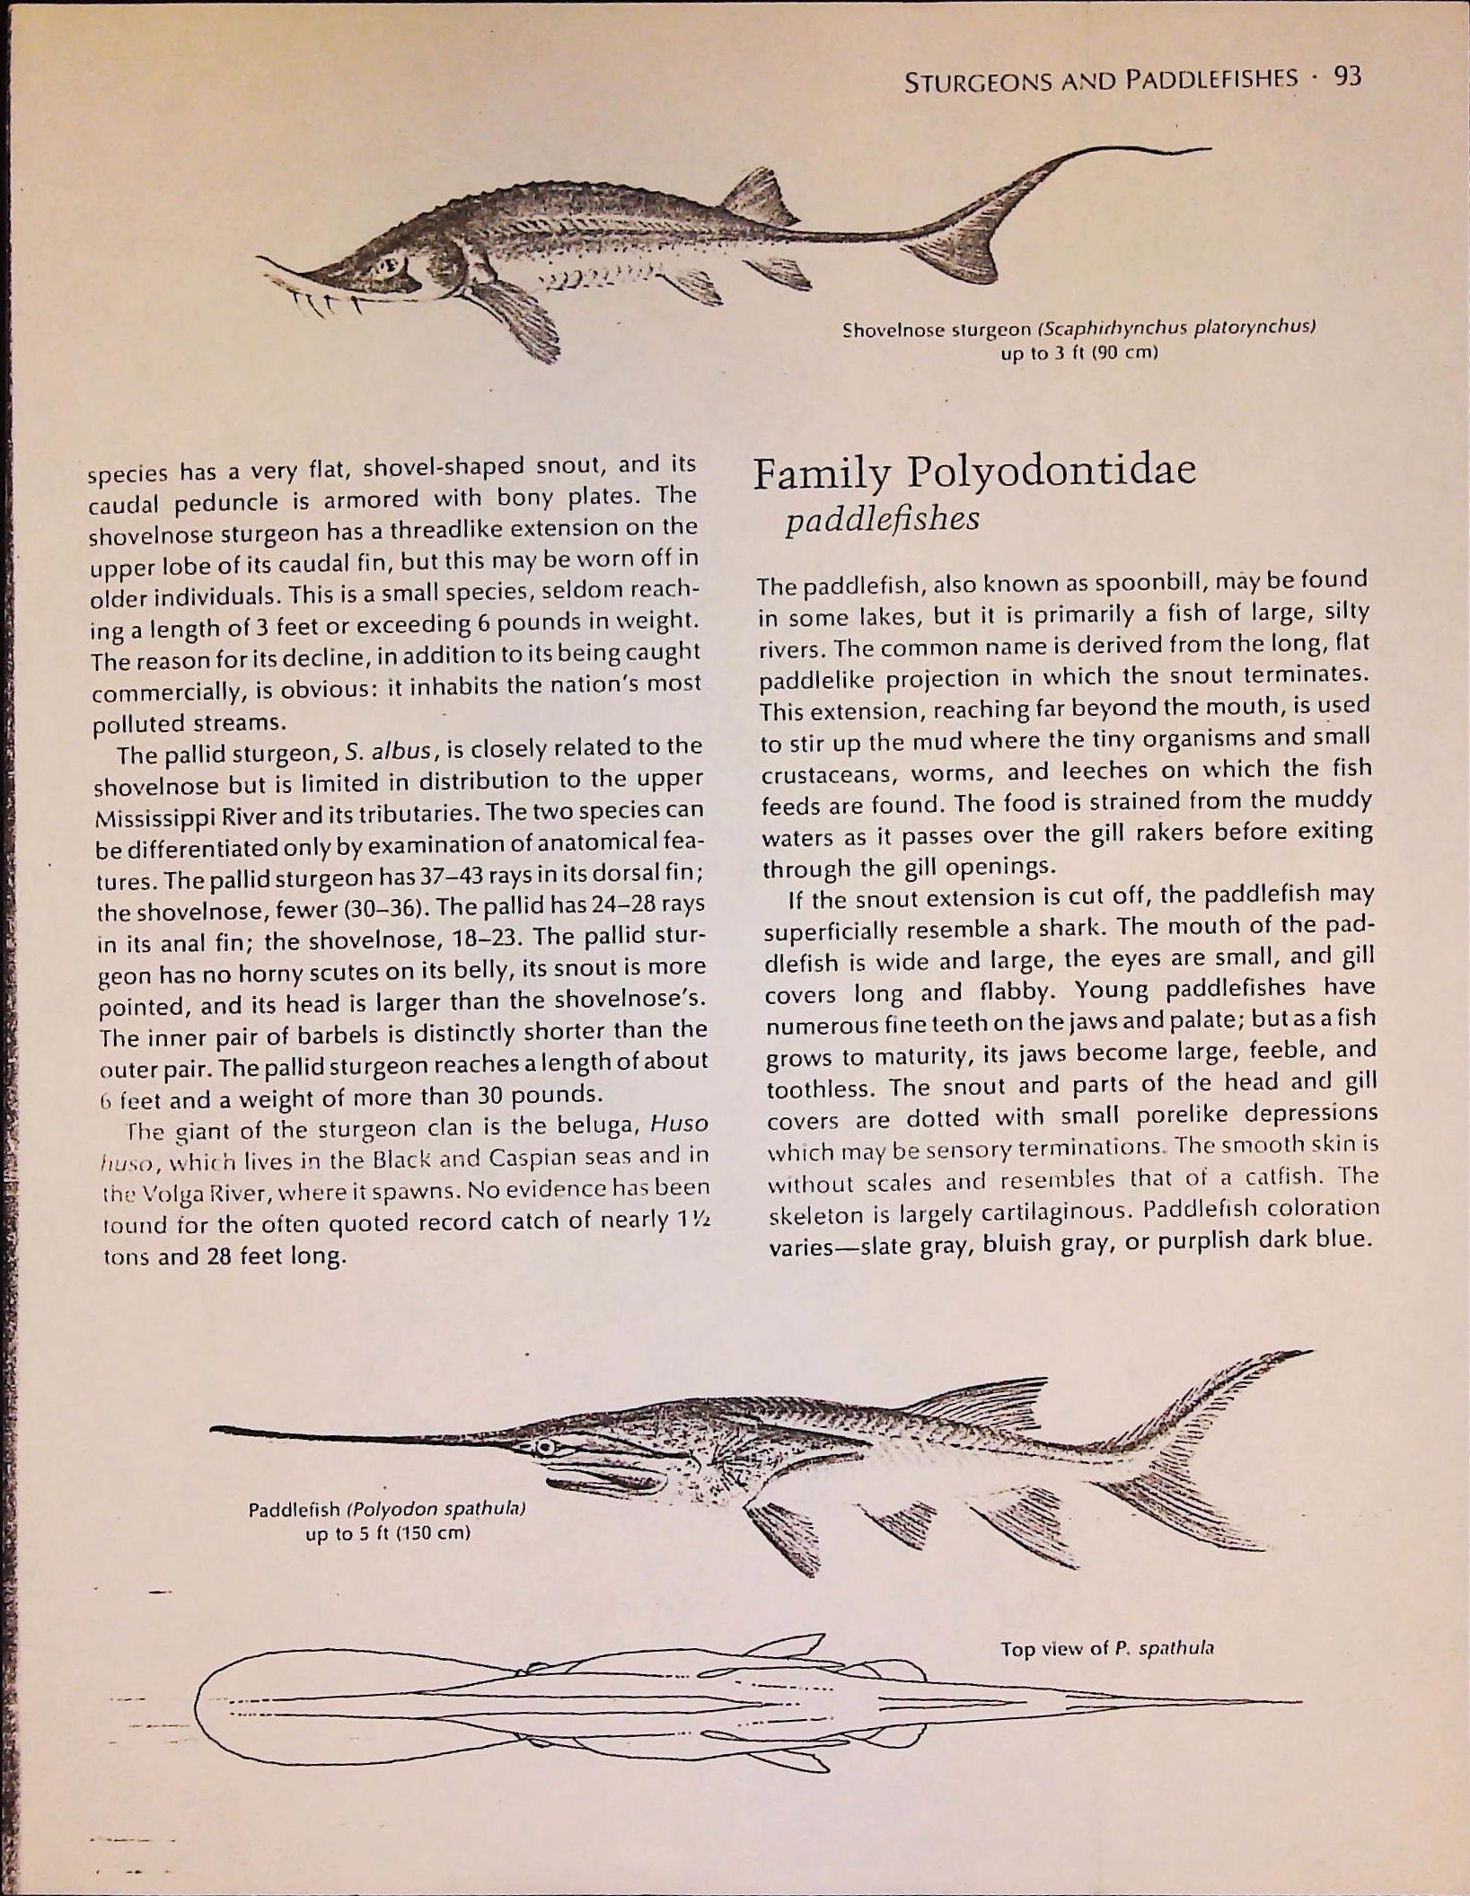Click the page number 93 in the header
tap(1347, 77)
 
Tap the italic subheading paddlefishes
tap(882, 519)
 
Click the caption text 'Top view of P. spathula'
tap(1107, 1648)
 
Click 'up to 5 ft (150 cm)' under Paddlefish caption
tap(388, 1531)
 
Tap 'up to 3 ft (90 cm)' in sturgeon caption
tap(1079, 353)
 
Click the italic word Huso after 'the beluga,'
tap(678, 1124)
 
